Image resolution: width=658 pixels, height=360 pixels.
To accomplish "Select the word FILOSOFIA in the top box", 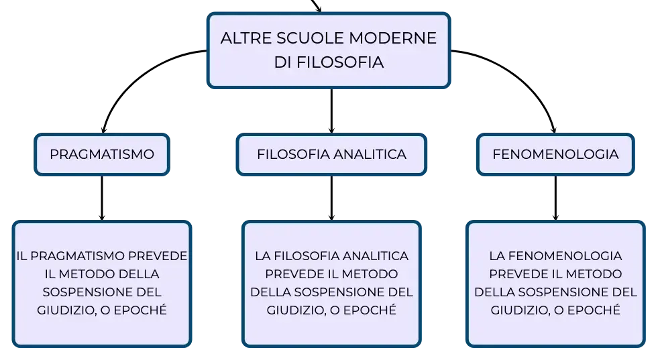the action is (x=340, y=62).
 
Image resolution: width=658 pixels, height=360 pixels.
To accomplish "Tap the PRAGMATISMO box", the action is (x=102, y=154).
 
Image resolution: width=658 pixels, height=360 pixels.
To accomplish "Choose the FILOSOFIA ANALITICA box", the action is (x=331, y=154).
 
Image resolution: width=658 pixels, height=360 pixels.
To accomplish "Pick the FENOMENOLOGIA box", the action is (x=555, y=154).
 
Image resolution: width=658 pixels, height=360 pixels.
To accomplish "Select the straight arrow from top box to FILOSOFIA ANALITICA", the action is (x=331, y=111).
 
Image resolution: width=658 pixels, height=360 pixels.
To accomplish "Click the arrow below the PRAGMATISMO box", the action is (x=102, y=198).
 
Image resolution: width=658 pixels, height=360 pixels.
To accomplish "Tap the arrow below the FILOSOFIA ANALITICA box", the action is (x=331, y=198).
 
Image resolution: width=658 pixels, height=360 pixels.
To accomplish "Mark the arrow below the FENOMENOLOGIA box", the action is (x=555, y=198).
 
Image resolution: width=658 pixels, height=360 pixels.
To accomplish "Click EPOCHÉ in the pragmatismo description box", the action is (x=140, y=310).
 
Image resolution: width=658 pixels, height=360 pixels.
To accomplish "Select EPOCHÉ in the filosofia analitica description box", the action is (x=370, y=310).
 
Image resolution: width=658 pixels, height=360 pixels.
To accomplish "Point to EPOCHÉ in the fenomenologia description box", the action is (x=594, y=310).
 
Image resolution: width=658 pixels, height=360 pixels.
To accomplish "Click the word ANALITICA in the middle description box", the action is (x=376, y=256).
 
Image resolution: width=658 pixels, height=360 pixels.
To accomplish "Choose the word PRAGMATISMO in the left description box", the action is (x=78, y=256).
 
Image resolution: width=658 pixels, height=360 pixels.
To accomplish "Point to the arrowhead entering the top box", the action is (x=319, y=9).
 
